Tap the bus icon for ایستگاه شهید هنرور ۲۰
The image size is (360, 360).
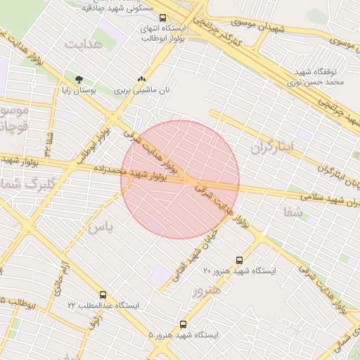[240, 260]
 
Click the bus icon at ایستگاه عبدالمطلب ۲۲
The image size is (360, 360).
[103, 295]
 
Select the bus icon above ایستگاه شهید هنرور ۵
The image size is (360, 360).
[184, 325]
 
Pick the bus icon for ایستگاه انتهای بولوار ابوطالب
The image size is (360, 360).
[163, 18]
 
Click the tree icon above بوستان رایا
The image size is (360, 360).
[78, 79]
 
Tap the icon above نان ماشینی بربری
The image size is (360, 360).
[142, 79]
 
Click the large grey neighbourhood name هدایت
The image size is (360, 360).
[84, 44]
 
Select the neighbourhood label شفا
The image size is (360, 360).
[293, 210]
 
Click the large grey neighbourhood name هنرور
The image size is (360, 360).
[206, 290]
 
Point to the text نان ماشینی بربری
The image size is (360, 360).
[143, 91]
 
